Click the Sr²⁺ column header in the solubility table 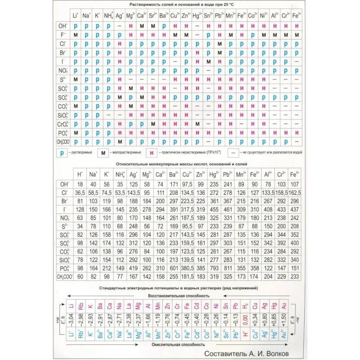pos(152,16)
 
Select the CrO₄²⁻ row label pos(63,123)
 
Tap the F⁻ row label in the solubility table pos(63,34)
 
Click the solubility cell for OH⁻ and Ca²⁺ pos(141,26)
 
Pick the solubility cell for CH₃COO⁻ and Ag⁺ pos(119,141)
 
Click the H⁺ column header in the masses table pos(80,174)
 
